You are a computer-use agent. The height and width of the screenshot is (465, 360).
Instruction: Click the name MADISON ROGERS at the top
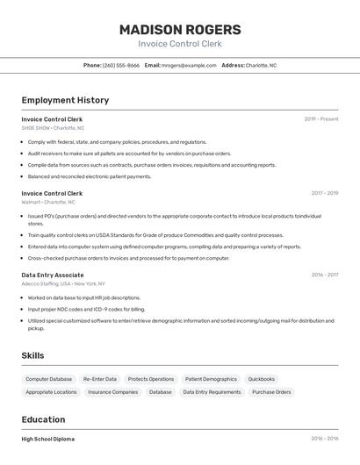click(180, 30)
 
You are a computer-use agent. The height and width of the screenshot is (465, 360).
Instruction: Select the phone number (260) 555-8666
click(120, 65)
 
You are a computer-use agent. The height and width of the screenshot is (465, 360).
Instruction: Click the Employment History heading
click(65, 100)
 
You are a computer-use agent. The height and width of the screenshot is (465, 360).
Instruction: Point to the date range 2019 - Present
click(321, 119)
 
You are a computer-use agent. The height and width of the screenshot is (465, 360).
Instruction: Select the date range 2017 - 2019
click(324, 193)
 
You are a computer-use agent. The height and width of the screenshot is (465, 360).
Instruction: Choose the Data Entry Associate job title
click(53, 275)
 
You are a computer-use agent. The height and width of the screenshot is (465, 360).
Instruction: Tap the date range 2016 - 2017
click(324, 275)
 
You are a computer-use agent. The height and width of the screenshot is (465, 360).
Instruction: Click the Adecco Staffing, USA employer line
click(63, 283)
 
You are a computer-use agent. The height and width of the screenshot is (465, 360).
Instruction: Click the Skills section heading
click(34, 355)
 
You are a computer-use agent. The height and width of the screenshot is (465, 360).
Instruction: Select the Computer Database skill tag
click(49, 379)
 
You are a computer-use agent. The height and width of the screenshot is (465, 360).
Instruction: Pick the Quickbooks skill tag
click(262, 379)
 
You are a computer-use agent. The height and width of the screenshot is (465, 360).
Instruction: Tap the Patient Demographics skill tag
click(211, 379)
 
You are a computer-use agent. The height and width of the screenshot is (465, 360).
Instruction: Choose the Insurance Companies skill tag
click(113, 392)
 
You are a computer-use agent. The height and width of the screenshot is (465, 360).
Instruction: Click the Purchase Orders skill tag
click(271, 392)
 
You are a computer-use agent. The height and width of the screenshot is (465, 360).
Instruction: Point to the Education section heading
click(44, 419)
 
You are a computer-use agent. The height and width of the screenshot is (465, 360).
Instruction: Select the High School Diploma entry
click(48, 439)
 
